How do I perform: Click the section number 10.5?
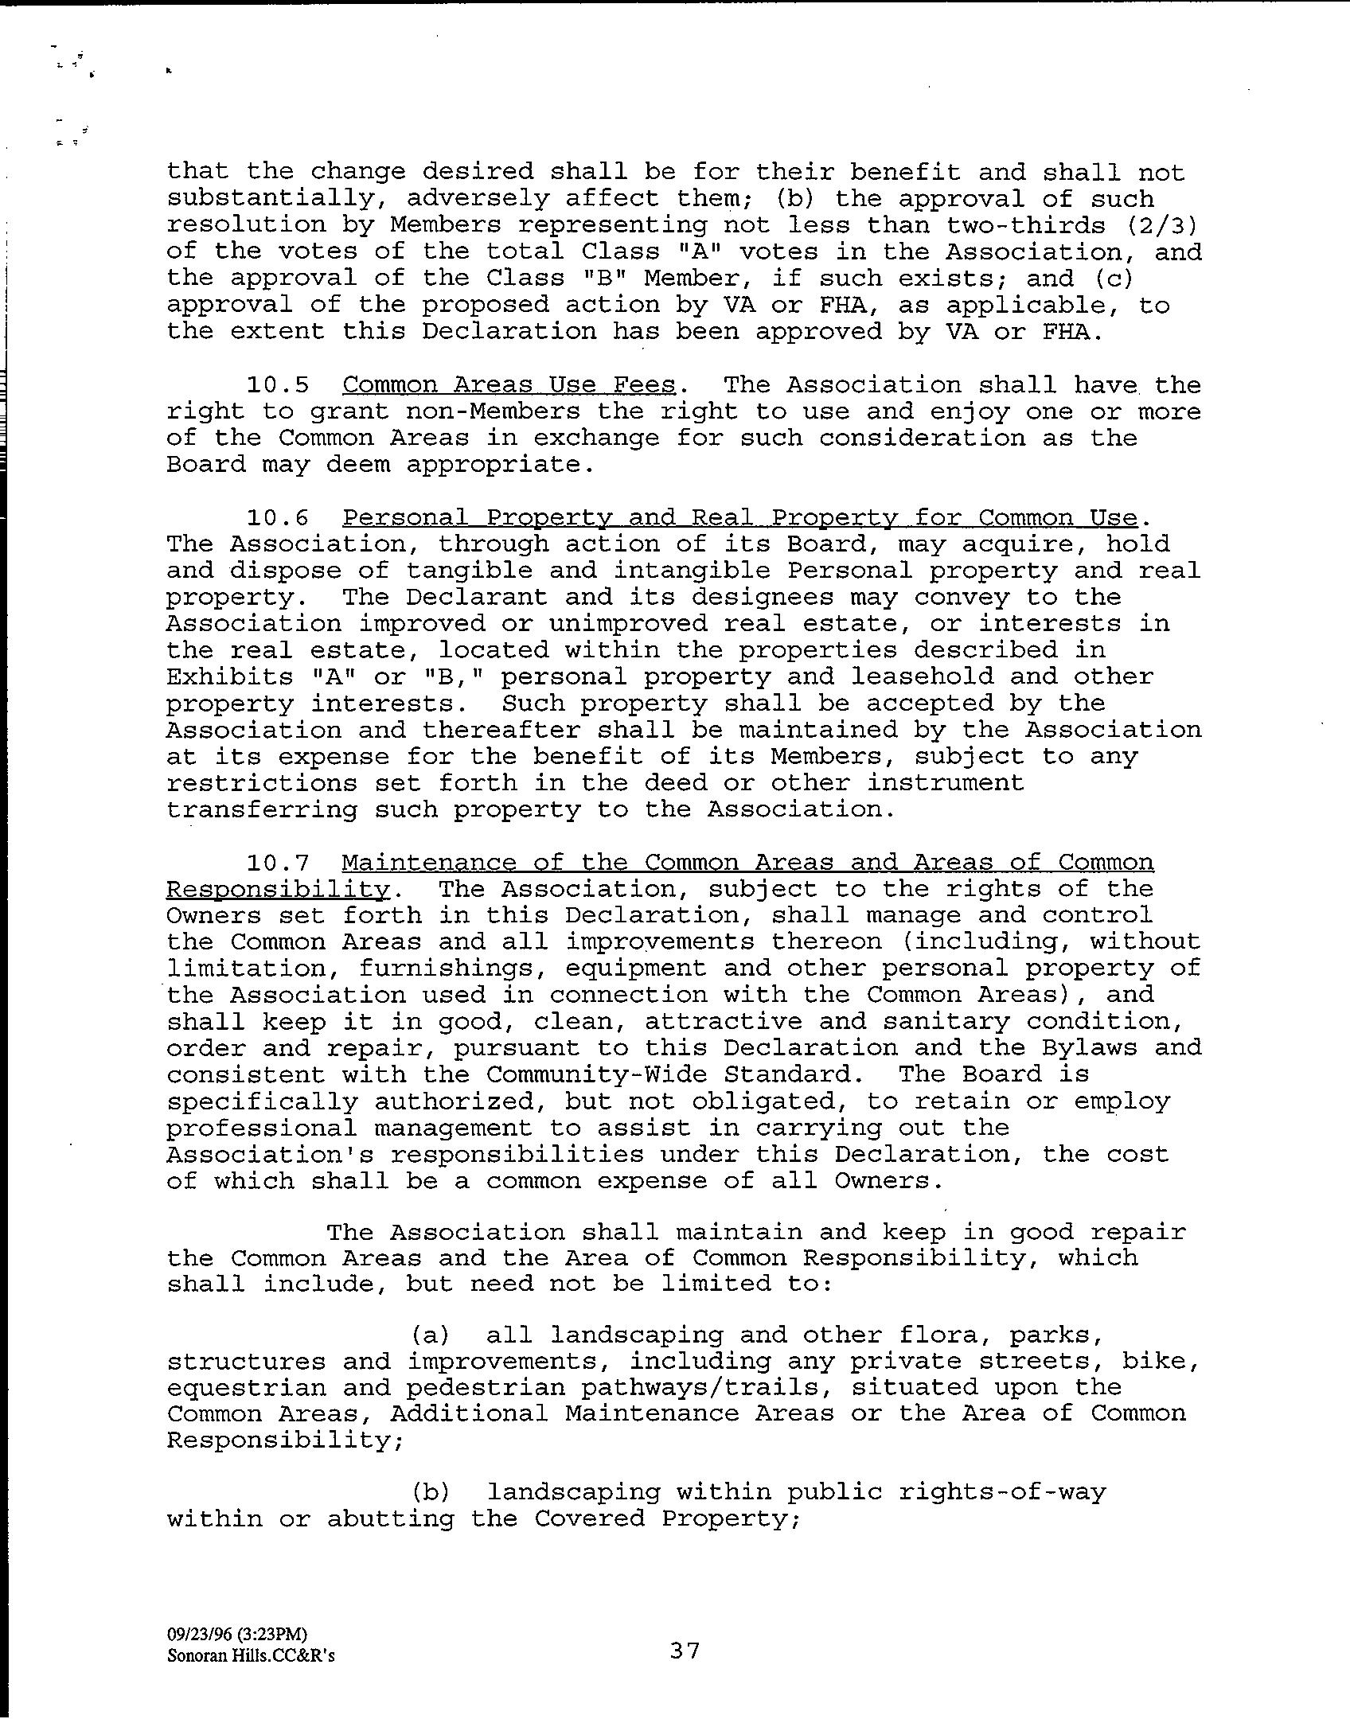[x=277, y=385]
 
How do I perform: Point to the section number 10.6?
[x=277, y=518]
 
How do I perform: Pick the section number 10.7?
[x=277, y=863]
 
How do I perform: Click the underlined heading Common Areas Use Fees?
[x=509, y=385]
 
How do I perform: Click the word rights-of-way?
[x=1002, y=1491]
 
